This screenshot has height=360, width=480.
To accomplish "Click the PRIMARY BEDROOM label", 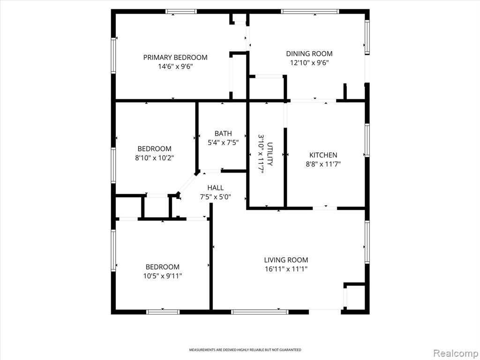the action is click(175, 57).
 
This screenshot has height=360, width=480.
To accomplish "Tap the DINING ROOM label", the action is click(309, 53).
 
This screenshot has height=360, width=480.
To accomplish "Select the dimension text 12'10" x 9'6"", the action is click(309, 63).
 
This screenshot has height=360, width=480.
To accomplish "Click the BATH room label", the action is click(223, 134).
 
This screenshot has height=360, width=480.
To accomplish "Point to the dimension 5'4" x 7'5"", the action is click(223, 142).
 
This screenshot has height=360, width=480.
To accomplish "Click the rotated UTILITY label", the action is click(270, 154).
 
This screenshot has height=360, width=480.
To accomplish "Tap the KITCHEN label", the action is click(323, 155).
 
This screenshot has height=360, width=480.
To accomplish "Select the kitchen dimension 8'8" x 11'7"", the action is click(323, 164).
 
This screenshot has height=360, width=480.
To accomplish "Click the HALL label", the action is click(216, 187).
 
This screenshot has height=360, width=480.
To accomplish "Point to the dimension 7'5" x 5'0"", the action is click(216, 197).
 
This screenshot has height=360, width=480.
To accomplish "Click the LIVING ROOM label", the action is click(286, 260).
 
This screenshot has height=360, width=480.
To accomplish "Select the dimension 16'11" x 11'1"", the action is click(286, 269).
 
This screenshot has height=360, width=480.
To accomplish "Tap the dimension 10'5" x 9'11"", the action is click(163, 276).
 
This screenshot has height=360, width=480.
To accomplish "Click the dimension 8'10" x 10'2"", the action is click(155, 158).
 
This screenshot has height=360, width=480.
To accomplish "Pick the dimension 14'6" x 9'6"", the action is click(175, 67).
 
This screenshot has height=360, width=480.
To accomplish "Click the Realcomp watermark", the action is click(456, 353).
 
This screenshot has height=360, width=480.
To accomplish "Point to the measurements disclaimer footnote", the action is click(245, 350).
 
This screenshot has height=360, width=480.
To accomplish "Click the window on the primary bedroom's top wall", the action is click(181, 12).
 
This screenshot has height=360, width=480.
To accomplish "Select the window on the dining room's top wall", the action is click(310, 12).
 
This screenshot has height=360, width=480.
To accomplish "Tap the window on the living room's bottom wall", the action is click(260, 312).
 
